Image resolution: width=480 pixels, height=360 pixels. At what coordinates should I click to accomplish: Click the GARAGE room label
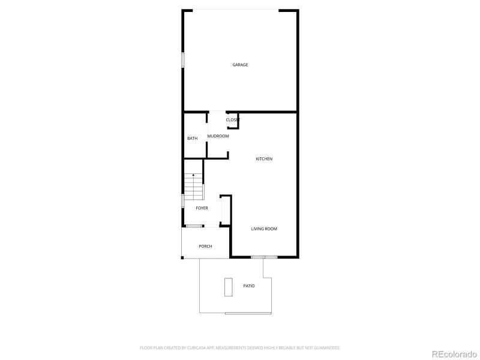click(240, 65)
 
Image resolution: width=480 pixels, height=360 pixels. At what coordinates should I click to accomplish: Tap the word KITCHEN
click(264, 159)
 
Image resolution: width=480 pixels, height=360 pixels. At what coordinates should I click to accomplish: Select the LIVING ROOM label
click(264, 229)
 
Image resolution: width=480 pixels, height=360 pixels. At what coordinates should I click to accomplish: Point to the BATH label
click(192, 139)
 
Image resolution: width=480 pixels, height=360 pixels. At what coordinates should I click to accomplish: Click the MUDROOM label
click(218, 136)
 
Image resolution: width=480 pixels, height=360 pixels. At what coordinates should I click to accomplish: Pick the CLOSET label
click(233, 120)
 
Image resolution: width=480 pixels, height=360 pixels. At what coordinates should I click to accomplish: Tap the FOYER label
click(202, 208)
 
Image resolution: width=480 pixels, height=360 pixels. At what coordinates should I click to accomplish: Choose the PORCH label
click(205, 246)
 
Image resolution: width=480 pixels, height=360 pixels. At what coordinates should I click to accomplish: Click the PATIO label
click(248, 286)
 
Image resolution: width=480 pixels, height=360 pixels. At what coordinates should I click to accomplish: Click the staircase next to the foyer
click(193, 186)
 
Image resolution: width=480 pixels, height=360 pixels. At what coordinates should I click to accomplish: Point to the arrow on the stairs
click(193, 175)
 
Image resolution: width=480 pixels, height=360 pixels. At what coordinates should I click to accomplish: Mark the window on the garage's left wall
click(183, 61)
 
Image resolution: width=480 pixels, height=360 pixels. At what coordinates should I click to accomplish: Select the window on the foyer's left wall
click(182, 200)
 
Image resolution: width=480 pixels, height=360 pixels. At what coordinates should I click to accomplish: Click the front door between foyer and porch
click(193, 226)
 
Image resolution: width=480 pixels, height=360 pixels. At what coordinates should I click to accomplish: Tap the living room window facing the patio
click(264, 257)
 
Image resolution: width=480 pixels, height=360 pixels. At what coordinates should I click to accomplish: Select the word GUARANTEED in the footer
click(328, 347)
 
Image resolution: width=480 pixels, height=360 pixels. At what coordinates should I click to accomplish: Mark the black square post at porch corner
click(182, 258)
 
